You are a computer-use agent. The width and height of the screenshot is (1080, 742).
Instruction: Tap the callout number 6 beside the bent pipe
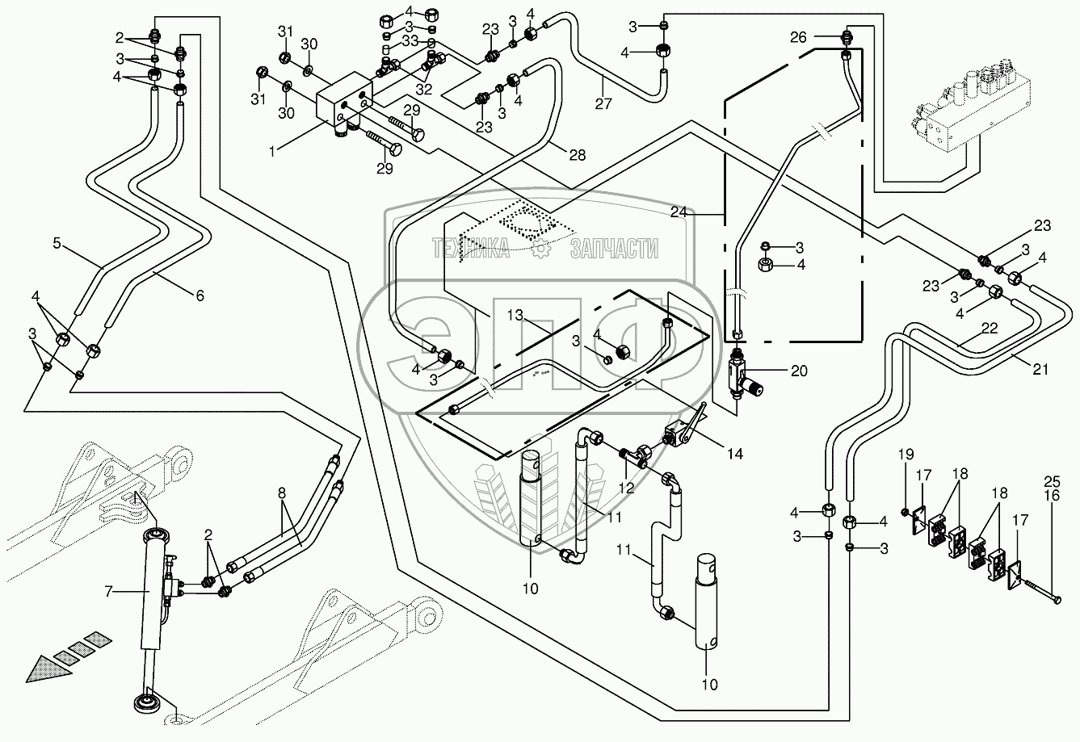(198, 296)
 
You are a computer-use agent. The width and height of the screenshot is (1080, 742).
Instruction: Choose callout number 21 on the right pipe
(1040, 369)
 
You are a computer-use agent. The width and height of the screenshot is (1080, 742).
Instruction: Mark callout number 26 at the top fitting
(821, 36)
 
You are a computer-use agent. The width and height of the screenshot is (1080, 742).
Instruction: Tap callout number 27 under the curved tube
(603, 104)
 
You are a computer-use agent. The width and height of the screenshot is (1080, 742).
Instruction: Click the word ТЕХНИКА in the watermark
(470, 249)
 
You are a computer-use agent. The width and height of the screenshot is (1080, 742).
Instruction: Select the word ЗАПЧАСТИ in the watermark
(614, 249)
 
